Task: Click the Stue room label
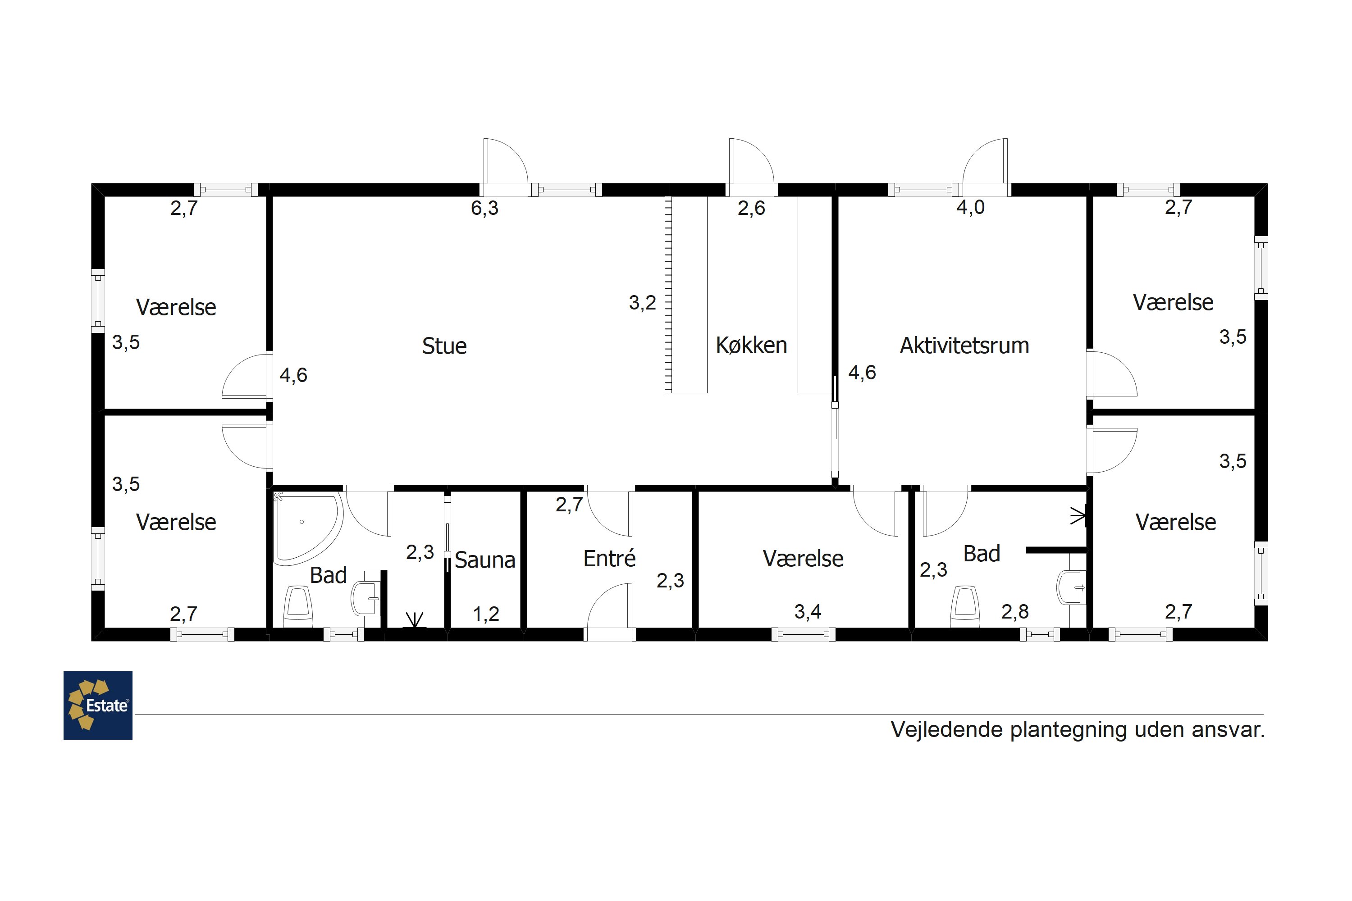444,346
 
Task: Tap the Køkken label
751,346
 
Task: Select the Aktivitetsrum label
964,346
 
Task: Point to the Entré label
609,559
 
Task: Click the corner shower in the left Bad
305,526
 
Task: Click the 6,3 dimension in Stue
484,208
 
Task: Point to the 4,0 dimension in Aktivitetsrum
970,207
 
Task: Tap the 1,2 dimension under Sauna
486,614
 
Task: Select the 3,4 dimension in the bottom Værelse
808,612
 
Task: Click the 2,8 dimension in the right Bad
1014,612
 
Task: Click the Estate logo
98,705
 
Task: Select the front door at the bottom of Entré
610,609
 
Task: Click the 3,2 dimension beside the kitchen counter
642,303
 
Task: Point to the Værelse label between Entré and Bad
803,559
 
